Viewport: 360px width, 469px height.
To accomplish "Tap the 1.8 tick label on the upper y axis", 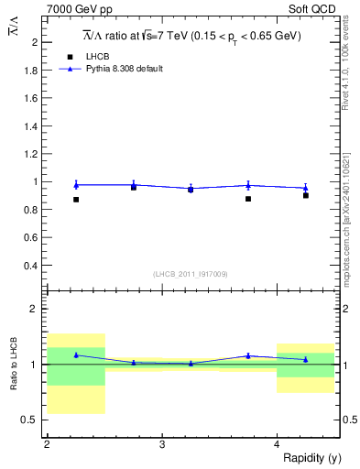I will (x=31, y=70).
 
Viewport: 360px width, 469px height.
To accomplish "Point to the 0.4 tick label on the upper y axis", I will (x=31, y=266).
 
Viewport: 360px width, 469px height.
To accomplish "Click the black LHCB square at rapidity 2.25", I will (x=76, y=200).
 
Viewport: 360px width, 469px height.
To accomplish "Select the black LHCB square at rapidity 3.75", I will (x=248, y=199).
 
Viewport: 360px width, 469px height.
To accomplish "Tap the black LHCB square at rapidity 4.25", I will (x=306, y=195).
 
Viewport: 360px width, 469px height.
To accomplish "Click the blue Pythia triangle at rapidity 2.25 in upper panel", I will (x=76, y=185).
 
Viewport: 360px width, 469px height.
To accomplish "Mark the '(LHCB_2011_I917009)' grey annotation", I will (x=190, y=274).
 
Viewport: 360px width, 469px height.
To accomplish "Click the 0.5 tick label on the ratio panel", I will (x=31, y=420).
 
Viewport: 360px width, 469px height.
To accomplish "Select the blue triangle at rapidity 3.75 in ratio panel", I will (x=248, y=355).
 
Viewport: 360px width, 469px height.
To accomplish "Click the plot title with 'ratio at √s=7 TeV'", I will (x=191, y=36).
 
